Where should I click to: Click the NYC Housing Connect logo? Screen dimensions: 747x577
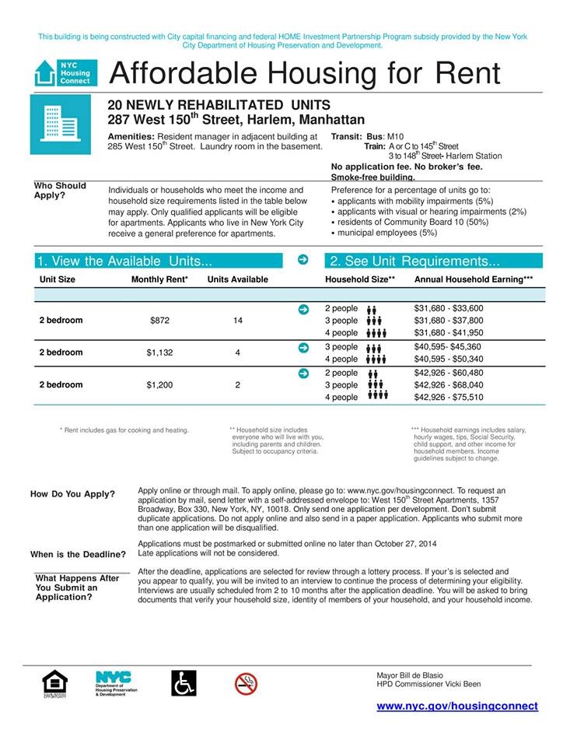pyautogui.click(x=65, y=73)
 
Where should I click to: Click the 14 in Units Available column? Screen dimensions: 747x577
pyautogui.click(x=237, y=321)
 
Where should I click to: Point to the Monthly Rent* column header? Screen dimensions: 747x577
pyautogui.click(x=159, y=279)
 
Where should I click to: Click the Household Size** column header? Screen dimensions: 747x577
pyautogui.click(x=360, y=279)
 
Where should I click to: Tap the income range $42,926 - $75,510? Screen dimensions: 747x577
pyautogui.click(x=449, y=398)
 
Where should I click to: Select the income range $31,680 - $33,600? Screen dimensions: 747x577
pyautogui.click(x=449, y=308)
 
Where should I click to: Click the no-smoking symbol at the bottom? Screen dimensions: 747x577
pyautogui.click(x=246, y=683)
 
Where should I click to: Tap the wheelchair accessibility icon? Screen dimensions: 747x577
pyautogui.click(x=184, y=683)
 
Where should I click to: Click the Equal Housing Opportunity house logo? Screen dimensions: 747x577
pyautogui.click(x=54, y=684)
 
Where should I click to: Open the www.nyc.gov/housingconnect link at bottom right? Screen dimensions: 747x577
pyautogui.click(x=457, y=706)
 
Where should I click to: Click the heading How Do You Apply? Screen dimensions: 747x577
pyautogui.click(x=72, y=495)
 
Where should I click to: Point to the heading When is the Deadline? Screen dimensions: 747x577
pyautogui.click(x=78, y=555)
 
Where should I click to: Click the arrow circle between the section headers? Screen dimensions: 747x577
pyautogui.click(x=303, y=260)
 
